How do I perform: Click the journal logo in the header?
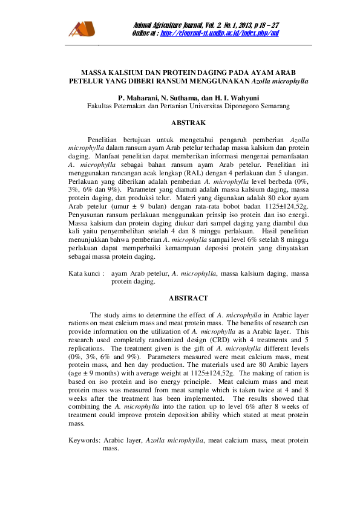(82, 28)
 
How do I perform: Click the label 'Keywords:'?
(85, 441)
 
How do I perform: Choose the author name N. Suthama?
(186, 97)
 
